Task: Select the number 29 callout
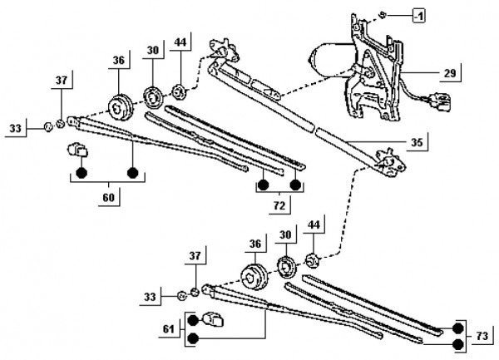449,74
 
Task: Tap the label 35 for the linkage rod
417,142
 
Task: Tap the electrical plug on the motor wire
437,101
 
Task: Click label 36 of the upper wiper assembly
118,62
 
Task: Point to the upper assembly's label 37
61,81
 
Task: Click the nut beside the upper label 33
49,127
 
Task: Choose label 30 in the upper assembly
152,50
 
